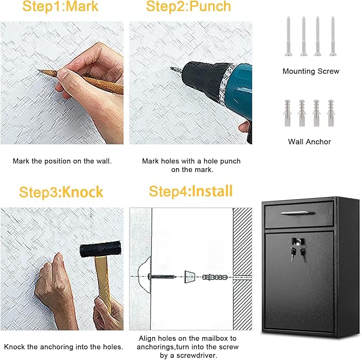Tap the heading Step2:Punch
click(188, 7)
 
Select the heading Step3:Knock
click(61, 192)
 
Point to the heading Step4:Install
click(190, 191)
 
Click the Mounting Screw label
click(310, 71)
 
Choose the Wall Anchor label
click(309, 142)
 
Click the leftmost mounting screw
click(289, 35)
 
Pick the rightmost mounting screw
click(333, 35)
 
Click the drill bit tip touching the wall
click(173, 69)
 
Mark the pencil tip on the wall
click(40, 71)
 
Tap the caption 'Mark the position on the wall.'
click(62, 161)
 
